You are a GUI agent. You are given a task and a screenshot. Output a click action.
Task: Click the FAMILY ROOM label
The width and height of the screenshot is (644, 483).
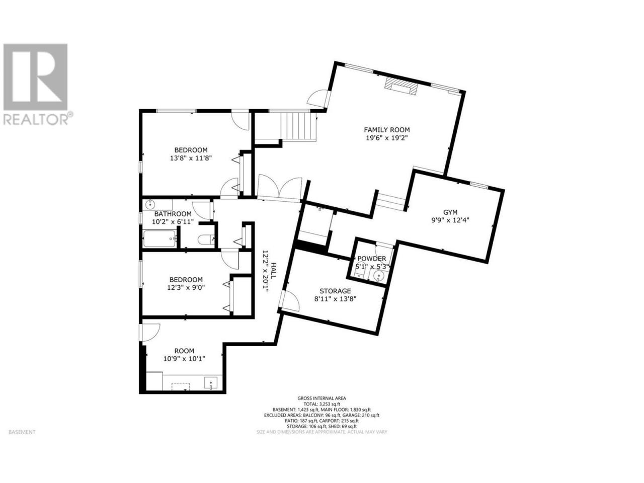[387, 130]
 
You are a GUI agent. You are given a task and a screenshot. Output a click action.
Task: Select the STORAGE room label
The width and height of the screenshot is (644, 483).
[335, 291]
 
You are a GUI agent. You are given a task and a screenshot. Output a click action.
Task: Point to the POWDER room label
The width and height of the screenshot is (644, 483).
[372, 259]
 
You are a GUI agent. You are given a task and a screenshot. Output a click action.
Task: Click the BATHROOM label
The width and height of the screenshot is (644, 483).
[173, 214]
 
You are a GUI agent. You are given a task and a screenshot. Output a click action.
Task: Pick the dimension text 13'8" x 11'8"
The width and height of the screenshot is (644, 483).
[191, 158]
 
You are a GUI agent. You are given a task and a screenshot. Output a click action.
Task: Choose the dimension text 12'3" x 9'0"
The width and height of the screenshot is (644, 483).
[186, 287]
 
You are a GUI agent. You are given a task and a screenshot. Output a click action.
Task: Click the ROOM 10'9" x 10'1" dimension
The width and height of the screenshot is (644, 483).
[184, 358]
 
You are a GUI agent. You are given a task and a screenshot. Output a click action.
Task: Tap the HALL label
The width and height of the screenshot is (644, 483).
[273, 271]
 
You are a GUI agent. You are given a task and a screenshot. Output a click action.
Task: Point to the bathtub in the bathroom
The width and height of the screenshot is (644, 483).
[160, 238]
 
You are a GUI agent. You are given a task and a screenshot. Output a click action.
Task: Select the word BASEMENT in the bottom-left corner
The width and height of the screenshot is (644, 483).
[22, 432]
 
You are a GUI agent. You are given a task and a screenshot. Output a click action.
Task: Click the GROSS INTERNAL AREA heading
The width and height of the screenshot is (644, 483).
[321, 398]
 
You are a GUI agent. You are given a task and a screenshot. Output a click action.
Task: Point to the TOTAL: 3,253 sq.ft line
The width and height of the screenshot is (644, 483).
[321, 404]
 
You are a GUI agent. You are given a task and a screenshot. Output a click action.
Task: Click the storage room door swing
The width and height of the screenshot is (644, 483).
[290, 300]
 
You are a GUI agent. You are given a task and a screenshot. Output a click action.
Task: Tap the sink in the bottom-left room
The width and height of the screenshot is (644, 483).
[211, 383]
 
